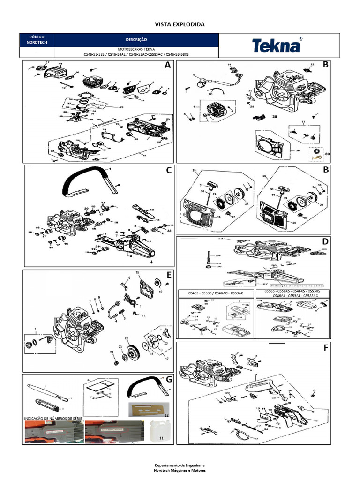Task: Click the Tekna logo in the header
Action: (277, 45)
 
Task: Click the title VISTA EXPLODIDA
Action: (180, 24)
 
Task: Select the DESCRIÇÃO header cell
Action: (136, 40)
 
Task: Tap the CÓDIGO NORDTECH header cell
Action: (37, 40)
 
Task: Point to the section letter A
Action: (167, 66)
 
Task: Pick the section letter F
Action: (326, 348)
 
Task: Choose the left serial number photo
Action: (52, 432)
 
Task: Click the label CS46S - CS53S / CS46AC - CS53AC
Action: (216, 293)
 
